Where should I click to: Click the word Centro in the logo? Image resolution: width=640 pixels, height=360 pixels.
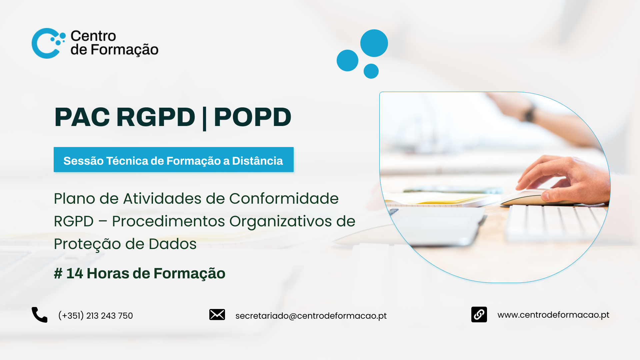[93, 36]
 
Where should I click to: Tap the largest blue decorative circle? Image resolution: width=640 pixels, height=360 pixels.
[374, 43]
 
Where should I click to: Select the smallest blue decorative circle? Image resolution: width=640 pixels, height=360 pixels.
[371, 71]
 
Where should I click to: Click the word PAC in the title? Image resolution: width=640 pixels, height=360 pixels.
[82, 117]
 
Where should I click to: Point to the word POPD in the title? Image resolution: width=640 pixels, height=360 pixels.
[253, 117]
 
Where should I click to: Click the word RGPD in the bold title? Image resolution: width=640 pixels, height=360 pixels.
[156, 117]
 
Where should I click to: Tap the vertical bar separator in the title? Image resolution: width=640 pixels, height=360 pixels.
[204, 118]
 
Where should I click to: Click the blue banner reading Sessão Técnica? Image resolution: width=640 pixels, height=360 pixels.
[174, 160]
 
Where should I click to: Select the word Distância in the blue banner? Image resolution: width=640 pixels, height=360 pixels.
[257, 161]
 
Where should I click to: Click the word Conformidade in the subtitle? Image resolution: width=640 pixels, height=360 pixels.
[284, 199]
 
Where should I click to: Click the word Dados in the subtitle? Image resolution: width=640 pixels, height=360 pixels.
[173, 244]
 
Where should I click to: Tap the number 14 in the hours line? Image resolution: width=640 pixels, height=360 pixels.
[75, 273]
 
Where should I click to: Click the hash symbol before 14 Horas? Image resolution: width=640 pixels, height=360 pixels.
[58, 273]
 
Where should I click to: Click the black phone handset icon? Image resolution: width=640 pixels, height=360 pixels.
[39, 315]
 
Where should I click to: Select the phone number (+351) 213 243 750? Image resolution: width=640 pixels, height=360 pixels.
[95, 315]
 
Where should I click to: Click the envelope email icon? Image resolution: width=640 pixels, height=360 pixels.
[217, 314]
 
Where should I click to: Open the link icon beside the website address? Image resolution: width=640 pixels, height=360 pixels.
[479, 314]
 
